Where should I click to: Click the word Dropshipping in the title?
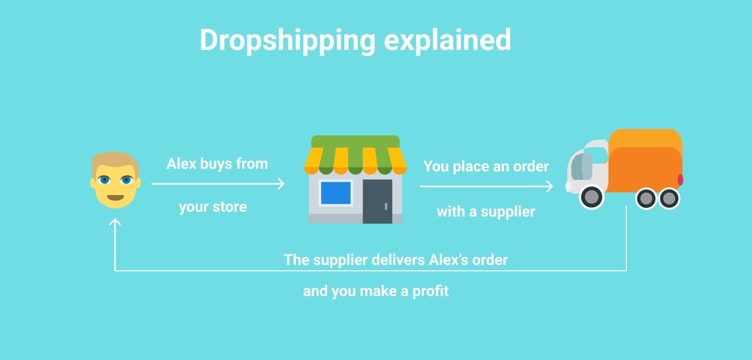coord(288,41)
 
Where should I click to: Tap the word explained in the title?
coord(447,41)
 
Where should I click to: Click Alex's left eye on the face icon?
coord(104,181)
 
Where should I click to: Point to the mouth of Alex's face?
coord(115,198)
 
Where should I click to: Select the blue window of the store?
coord(336,193)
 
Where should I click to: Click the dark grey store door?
coord(377,201)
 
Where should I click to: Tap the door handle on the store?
coord(386,206)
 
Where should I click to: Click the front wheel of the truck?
coord(591,197)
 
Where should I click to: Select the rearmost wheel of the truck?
coord(669,198)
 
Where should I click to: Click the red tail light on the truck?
coord(680,180)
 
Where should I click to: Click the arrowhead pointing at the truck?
coord(549,186)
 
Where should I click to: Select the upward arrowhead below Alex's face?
coord(115,221)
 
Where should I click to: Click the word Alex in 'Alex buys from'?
coord(182,164)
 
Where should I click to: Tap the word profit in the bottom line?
coord(430,291)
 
